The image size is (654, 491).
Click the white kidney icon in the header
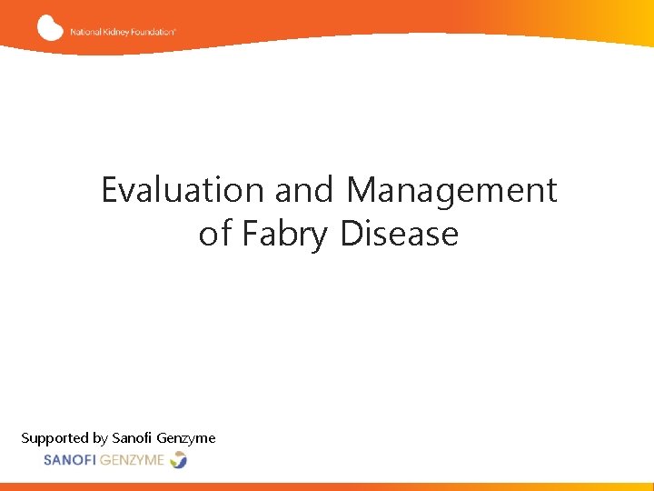[50, 27]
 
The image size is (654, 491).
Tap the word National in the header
[85, 31]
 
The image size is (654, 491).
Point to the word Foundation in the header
[154, 31]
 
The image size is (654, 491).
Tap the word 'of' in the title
[215, 234]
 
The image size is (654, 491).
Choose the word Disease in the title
[400, 234]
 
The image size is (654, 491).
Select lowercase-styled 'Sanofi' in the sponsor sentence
[133, 437]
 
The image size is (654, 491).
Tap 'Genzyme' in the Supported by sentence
[186, 438]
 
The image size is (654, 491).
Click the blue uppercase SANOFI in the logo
[74, 460]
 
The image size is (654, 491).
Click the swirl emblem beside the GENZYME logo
[178, 460]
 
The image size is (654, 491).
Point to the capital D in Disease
[352, 234]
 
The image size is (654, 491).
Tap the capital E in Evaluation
[109, 190]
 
